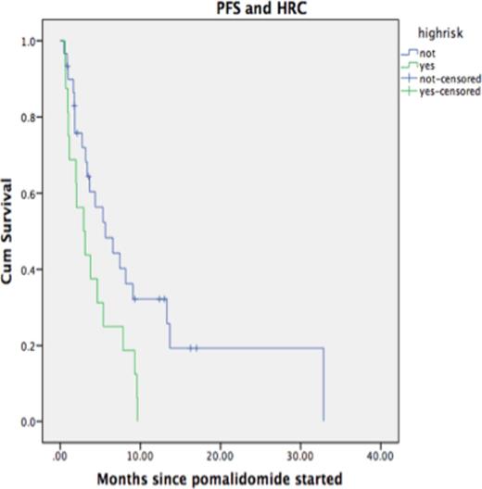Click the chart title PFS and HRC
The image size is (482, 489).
pyautogui.click(x=220, y=8)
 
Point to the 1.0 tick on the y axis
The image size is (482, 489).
pyautogui.click(x=31, y=42)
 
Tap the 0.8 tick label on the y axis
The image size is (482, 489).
pyautogui.click(x=31, y=118)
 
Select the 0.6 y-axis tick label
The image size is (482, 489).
pyautogui.click(x=31, y=194)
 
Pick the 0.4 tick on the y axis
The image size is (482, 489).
pyautogui.click(x=31, y=270)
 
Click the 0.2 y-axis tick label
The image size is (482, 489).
pyautogui.click(x=31, y=345)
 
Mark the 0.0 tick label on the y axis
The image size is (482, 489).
pyautogui.click(x=31, y=421)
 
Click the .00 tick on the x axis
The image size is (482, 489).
pyautogui.click(x=60, y=457)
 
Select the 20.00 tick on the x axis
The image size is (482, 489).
pyautogui.click(x=220, y=457)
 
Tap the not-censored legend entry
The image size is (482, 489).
pyautogui.click(x=441, y=79)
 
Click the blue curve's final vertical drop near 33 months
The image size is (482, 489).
pyautogui.click(x=323, y=384)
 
